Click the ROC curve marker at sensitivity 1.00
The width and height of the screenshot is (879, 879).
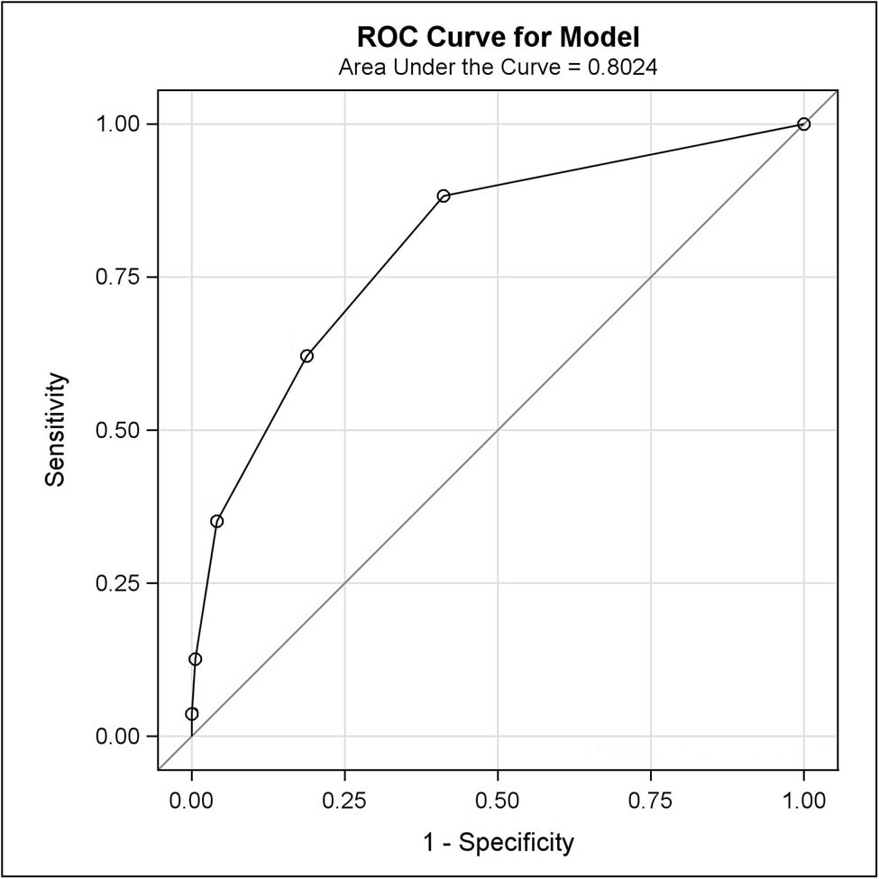click(x=803, y=124)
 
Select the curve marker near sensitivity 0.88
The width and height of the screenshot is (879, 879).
click(x=444, y=196)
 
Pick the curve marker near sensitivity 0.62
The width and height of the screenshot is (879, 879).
click(x=307, y=356)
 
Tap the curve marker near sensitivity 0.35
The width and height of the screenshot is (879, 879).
click(x=216, y=521)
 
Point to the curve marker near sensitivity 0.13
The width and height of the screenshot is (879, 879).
click(x=195, y=659)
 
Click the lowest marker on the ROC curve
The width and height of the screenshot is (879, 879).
click(x=191, y=714)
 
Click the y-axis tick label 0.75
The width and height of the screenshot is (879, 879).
click(x=118, y=277)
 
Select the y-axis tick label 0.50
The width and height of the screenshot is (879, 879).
click(x=118, y=430)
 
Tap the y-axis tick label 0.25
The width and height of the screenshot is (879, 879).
click(x=118, y=583)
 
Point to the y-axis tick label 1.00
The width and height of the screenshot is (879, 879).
click(x=118, y=124)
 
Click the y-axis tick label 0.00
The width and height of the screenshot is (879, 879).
click(x=118, y=737)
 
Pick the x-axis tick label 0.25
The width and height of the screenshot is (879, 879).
click(x=344, y=799)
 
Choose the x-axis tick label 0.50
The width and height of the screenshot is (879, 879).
click(x=497, y=799)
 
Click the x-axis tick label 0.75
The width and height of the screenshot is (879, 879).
click(x=650, y=799)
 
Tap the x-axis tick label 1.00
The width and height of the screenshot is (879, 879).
click(x=803, y=799)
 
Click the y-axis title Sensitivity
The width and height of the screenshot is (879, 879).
click(x=56, y=430)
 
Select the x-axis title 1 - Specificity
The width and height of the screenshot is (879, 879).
click(x=498, y=843)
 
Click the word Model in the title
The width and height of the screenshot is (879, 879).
click(x=600, y=38)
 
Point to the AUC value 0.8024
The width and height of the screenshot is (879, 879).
click(x=622, y=67)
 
